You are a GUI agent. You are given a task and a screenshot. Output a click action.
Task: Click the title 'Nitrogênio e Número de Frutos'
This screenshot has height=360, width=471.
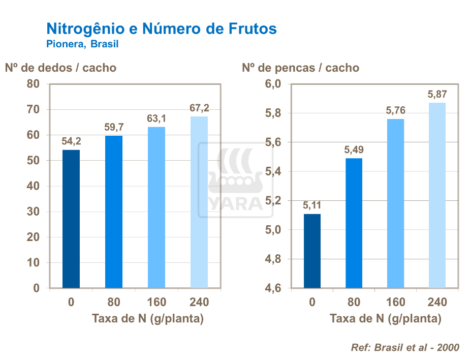click(161, 28)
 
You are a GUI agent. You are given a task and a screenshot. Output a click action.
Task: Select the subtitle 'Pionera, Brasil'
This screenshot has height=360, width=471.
click(82, 44)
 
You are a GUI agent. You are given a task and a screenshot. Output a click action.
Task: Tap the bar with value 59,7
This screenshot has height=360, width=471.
click(114, 212)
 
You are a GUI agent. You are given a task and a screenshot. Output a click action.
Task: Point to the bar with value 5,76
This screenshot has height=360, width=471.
click(395, 203)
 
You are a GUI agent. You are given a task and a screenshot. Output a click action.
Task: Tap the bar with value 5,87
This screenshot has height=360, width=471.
click(437, 195)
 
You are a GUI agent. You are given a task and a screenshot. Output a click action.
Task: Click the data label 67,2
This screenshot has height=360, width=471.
click(199, 108)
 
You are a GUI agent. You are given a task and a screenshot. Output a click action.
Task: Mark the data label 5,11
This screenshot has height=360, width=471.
click(312, 205)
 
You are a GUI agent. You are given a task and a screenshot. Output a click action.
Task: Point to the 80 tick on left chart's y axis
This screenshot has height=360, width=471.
click(33, 84)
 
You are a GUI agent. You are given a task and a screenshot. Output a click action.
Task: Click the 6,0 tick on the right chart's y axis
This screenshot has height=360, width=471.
click(273, 84)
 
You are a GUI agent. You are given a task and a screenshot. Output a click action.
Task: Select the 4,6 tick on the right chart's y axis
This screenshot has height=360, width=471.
click(273, 288)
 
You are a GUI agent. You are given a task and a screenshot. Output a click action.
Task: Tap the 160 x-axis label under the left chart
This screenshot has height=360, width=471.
click(156, 303)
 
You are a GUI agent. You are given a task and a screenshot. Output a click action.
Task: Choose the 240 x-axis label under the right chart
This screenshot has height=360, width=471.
click(437, 303)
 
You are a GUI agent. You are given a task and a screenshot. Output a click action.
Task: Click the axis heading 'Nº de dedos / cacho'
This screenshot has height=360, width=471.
click(60, 68)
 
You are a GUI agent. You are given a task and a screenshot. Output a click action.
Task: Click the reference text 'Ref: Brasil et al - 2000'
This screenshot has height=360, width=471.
click(405, 347)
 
